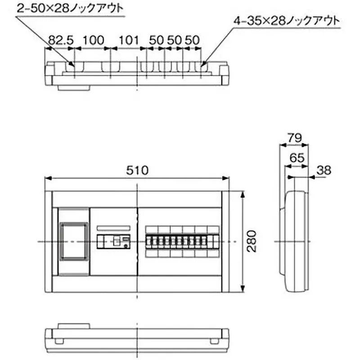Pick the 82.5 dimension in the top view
pyautogui.click(x=61, y=40)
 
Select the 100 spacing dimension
pyautogui.click(x=93, y=40)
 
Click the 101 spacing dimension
pyautogui.click(x=128, y=40)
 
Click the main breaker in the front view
pyautogui.click(x=114, y=241)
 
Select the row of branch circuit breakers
pyautogui.click(x=182, y=241)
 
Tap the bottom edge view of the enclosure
pyautogui.click(x=137, y=335)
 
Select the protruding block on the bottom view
pyautogui.click(x=74, y=325)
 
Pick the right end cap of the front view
pyautogui.click(x=225, y=241)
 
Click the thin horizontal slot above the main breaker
pyautogui.click(x=114, y=228)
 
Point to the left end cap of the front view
pyautogui.click(x=48, y=241)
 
